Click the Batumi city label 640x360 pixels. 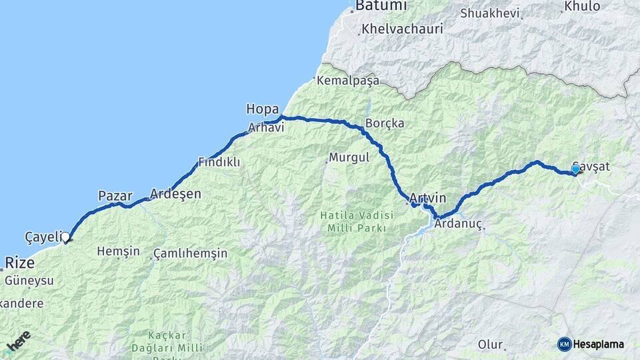(381, 6)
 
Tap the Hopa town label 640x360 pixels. (262, 109)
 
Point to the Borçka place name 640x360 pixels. (381, 123)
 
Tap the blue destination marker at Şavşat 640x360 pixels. (575, 169)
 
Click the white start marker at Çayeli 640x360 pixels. (65, 237)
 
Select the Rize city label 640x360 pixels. (20, 263)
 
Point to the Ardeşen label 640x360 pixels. (175, 194)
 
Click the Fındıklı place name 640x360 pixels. (219, 162)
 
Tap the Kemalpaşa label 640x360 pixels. (348, 81)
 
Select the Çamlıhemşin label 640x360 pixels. (190, 253)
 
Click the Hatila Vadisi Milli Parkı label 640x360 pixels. (353, 222)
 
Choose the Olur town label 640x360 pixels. (490, 345)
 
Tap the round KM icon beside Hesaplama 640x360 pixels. (564, 344)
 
